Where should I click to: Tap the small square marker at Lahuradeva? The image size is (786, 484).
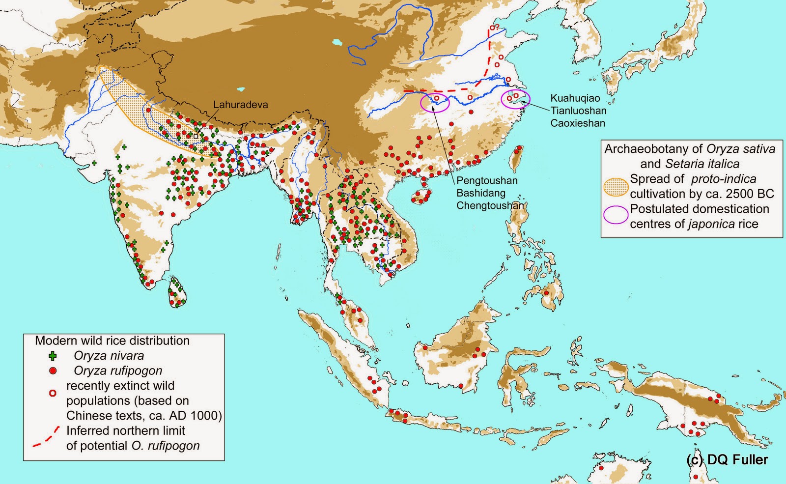pos(196,136)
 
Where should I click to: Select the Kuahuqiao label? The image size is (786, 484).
pos(575,98)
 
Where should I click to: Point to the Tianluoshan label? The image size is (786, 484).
pos(578,111)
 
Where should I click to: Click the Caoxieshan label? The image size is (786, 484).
pos(577,123)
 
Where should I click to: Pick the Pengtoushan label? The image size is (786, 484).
pos(487,181)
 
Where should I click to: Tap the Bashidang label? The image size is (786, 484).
pos(481,193)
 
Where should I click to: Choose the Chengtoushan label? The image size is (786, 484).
pos(490,205)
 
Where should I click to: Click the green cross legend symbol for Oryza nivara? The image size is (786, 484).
pos(53,356)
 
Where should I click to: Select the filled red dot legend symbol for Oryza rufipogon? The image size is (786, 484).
pos(53,370)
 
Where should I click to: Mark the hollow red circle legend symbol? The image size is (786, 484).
pos(53,393)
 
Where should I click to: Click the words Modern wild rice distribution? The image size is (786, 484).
pos(112,341)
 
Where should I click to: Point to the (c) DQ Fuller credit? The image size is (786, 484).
pos(727,460)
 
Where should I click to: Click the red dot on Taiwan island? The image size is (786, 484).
pos(519,148)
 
